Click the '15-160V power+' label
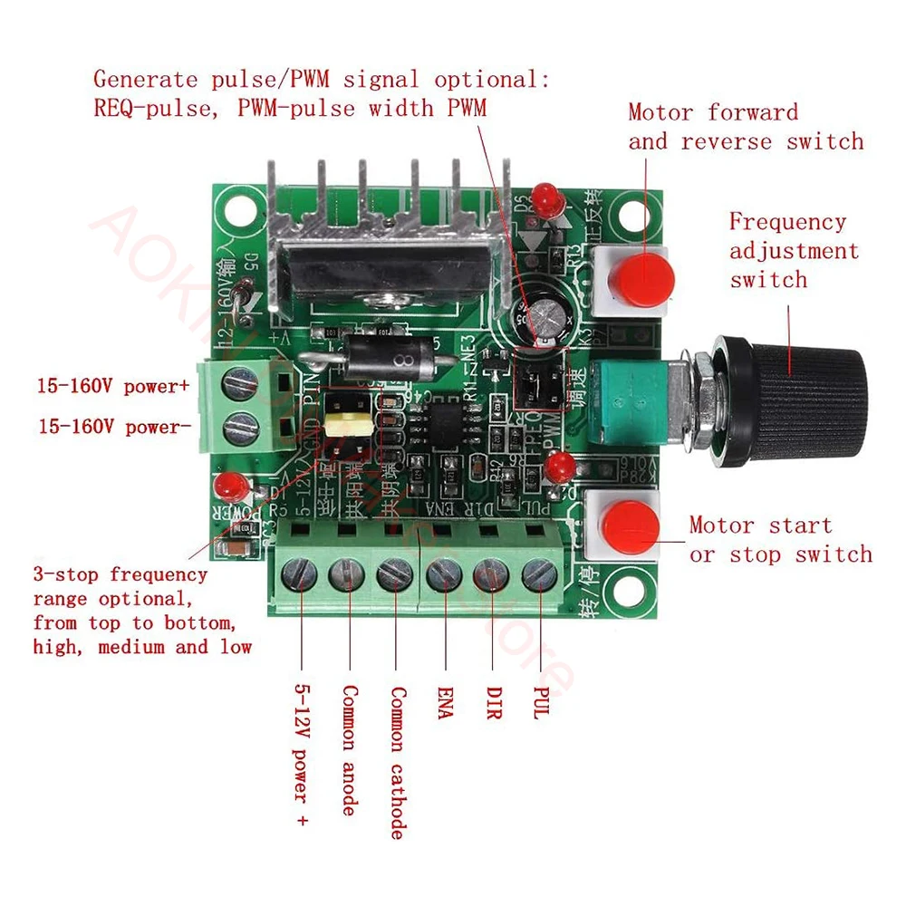point(113,386)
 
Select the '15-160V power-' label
point(110,427)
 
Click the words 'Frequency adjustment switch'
point(793,250)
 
